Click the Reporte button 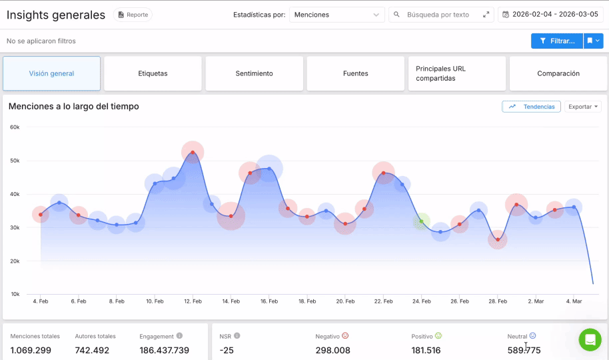[133, 15]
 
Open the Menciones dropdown [336, 15]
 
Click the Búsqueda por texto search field [441, 15]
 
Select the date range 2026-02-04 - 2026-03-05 [550, 15]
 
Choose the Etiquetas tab [153, 73]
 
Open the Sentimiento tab [254, 73]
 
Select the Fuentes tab [355, 73]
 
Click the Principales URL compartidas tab [456, 73]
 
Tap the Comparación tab [558, 73]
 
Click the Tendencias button [532, 107]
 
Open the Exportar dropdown [582, 107]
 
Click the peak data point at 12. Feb [193, 153]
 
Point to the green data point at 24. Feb [421, 221]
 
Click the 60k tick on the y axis [14, 127]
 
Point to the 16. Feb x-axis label [269, 301]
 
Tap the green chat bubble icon [590, 340]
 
